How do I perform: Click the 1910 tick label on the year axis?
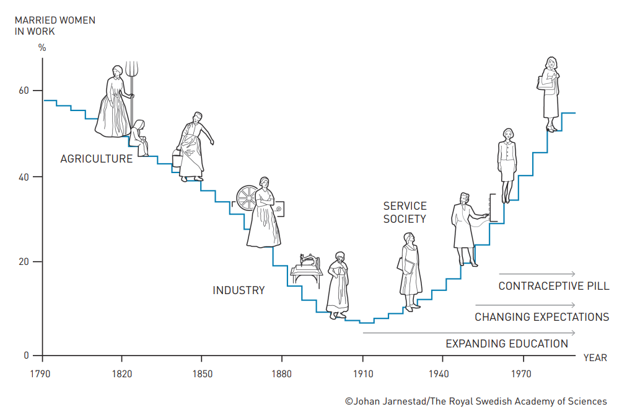click(364, 374)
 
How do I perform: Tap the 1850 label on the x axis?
click(203, 374)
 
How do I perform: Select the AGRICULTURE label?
click(96, 159)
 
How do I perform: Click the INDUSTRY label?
click(239, 290)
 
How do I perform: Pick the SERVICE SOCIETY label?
click(405, 212)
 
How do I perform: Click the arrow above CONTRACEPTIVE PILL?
click(537, 274)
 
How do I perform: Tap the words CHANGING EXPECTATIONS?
click(541, 317)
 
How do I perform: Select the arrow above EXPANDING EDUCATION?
click(468, 333)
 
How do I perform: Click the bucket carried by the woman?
click(177, 160)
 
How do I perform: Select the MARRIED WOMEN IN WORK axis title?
click(55, 25)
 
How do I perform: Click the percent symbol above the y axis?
click(42, 47)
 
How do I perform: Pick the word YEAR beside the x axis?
click(595, 357)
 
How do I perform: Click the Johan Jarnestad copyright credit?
click(476, 401)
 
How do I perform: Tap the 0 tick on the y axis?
click(27, 356)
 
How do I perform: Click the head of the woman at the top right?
click(551, 63)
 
